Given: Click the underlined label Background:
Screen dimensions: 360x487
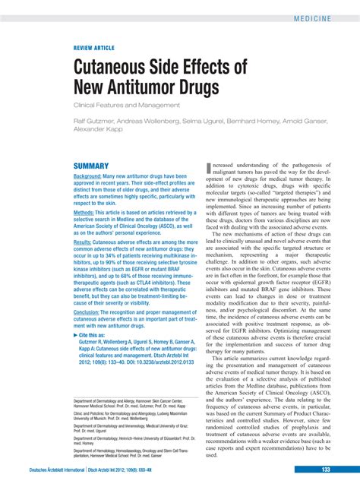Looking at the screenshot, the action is point(92,176).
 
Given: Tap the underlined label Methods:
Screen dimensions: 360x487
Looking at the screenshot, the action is point(88,213).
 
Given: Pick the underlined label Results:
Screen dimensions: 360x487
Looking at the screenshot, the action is point(87,242).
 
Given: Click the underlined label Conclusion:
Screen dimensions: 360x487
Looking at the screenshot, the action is point(93,312).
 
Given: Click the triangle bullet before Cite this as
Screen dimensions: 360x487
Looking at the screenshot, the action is point(75,335).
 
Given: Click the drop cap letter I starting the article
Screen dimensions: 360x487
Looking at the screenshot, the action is point(208,168).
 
